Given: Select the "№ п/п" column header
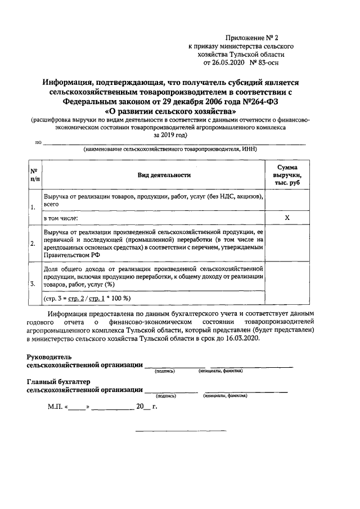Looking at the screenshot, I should (x=34, y=175).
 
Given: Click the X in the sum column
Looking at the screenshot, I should (x=287, y=218).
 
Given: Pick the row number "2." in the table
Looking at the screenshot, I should (x=33, y=244).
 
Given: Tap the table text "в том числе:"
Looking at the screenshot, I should (x=61, y=218).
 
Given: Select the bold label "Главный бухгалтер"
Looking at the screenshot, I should (x=58, y=381).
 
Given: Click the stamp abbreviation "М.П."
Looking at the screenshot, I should (x=55, y=407).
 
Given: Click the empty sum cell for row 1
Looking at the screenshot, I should (x=287, y=200).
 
